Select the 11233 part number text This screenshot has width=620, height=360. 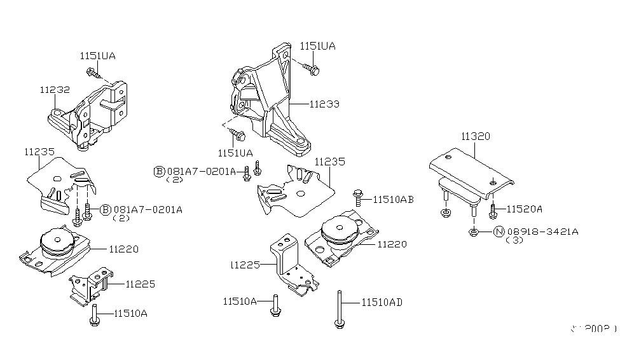point(324,104)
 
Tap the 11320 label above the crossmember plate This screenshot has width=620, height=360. point(475,136)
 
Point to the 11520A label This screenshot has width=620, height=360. point(525,209)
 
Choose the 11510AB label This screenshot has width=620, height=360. point(393,199)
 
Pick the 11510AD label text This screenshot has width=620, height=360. point(382,303)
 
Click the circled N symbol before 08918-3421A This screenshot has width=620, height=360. point(499,232)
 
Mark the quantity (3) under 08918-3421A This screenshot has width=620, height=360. point(514,241)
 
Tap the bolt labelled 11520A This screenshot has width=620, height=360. point(493,209)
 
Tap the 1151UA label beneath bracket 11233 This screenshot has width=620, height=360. point(235,153)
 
